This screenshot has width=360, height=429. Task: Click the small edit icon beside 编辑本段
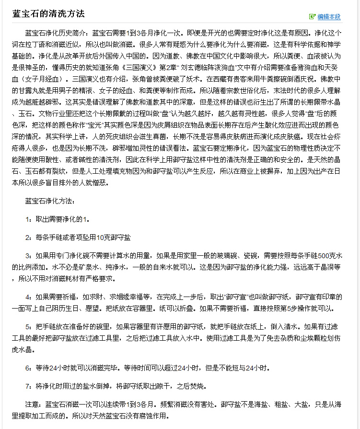click(x=313, y=17)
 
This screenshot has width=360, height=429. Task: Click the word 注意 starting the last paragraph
click(x=31, y=404)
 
